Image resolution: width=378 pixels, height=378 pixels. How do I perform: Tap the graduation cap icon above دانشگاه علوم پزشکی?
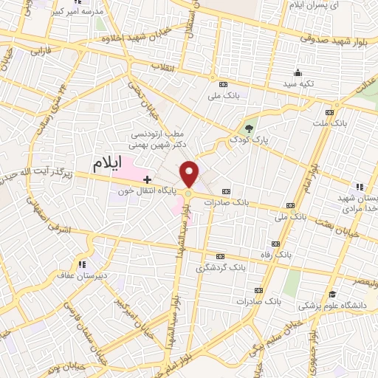pos(332,294)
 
